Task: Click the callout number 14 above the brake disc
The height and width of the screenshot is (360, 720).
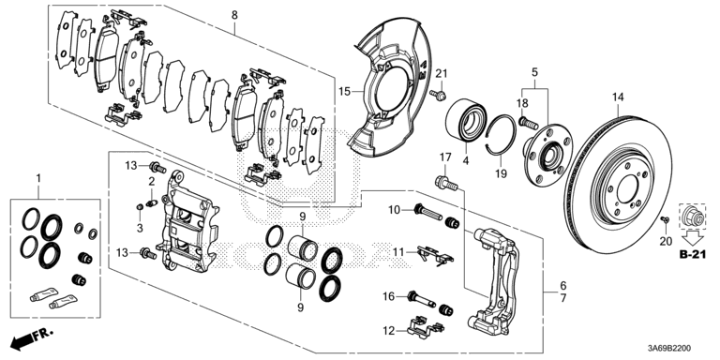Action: point(618,97)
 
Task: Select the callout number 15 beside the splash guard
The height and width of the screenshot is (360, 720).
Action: point(345,92)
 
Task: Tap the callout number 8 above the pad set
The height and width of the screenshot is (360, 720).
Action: point(234,15)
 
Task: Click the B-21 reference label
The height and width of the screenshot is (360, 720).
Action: point(694,255)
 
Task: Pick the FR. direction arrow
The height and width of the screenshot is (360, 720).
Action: point(32,337)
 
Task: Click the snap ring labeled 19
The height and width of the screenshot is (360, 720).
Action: point(502,134)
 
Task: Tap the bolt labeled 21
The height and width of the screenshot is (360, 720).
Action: point(439,95)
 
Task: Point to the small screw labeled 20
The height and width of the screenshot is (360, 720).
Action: point(665,220)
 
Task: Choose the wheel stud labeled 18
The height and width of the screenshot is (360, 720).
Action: point(528,123)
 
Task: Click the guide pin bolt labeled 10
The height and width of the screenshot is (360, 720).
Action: point(427,212)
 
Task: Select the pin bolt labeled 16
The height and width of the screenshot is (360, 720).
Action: point(424,299)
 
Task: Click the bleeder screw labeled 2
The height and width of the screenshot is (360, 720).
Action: point(152,202)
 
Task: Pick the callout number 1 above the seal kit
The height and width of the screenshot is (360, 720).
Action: point(38,177)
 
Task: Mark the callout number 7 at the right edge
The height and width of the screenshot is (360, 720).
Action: point(563,298)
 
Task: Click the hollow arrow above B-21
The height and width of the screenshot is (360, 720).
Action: point(694,239)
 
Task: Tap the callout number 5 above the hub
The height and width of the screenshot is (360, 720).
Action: point(535,72)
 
